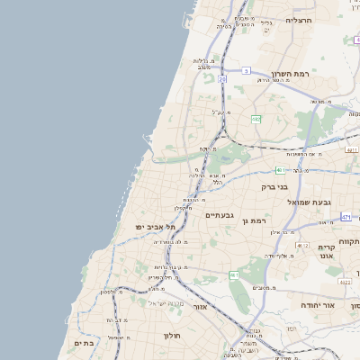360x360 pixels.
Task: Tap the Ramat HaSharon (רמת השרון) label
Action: click(290, 74)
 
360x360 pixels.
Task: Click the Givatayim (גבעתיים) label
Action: click(219, 215)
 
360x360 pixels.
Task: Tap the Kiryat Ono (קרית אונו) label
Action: click(326, 251)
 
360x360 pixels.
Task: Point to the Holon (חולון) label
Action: click(172, 336)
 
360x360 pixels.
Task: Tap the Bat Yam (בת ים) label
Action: click(83, 343)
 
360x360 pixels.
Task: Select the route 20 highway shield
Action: click(222, 78)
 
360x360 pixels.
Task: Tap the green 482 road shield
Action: click(256, 119)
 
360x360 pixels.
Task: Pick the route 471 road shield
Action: click(346, 218)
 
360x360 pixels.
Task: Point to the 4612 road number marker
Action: click(302, 246)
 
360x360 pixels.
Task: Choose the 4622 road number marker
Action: click(345, 281)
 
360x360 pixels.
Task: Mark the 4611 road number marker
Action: click(353, 150)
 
